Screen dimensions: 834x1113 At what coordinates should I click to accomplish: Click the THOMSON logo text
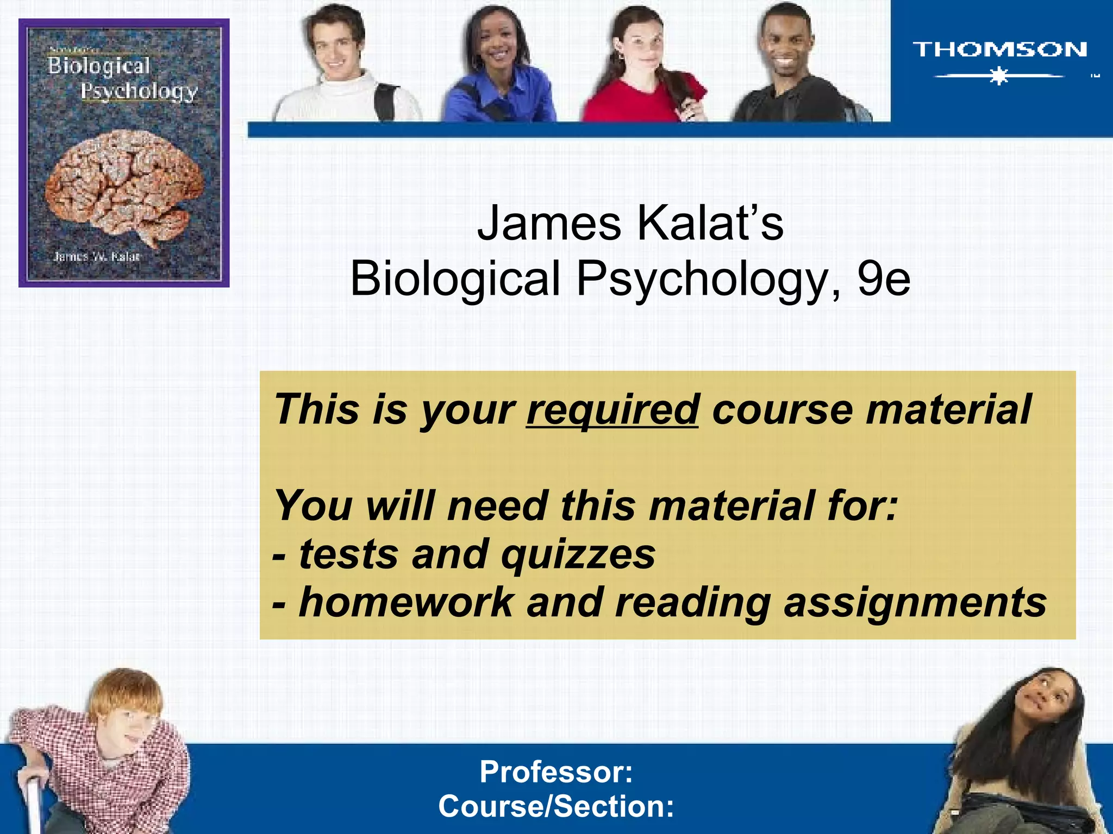(999, 49)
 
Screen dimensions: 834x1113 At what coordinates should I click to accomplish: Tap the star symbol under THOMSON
(999, 76)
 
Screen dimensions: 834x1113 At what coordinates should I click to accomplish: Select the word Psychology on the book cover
(139, 91)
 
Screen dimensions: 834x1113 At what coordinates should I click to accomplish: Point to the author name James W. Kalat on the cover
(96, 256)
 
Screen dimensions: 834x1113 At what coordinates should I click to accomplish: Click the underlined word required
(612, 409)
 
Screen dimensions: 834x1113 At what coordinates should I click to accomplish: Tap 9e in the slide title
(884, 279)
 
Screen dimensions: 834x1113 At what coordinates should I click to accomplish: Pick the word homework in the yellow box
(406, 602)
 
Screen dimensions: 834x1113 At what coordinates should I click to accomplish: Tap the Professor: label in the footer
(556, 772)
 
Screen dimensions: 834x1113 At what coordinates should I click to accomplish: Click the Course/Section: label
(556, 806)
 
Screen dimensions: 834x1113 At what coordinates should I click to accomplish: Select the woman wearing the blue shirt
(497, 71)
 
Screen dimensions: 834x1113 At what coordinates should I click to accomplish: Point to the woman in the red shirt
(644, 71)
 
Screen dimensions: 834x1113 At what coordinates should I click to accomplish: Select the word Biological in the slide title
(455, 279)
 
